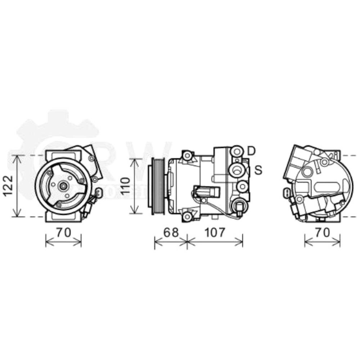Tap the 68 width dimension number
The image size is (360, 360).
171,232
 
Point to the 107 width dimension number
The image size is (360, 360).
215,232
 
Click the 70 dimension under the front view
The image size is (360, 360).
63,232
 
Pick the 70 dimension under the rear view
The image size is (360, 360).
322,232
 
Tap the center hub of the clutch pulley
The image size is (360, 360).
63,186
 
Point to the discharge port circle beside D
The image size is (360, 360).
237,150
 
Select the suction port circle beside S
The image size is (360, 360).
237,170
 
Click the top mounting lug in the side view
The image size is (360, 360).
187,156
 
